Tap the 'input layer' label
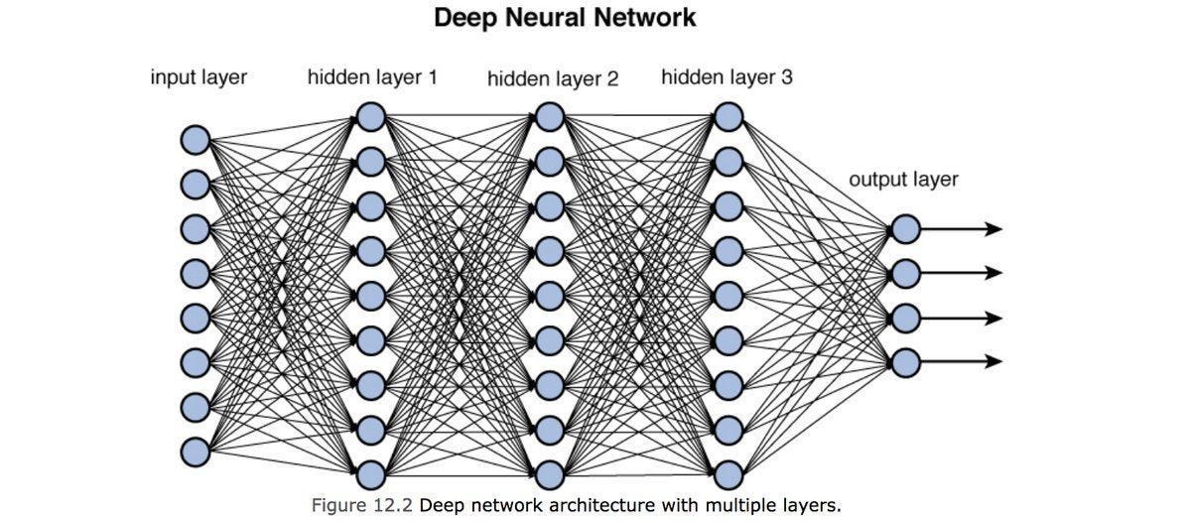(198, 76)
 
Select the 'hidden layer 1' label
(372, 76)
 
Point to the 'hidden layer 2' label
(553, 78)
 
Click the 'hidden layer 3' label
(727, 76)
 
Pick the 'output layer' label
(903, 180)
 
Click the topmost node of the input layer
(195, 140)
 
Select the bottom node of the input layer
(195, 452)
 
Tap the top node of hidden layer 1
(370, 117)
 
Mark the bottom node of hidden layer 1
(370, 472)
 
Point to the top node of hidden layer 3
(727, 117)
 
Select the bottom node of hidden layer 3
(727, 472)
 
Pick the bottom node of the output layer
(905, 361)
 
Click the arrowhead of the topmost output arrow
(994, 229)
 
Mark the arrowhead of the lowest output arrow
(994, 361)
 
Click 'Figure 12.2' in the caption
(362, 505)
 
